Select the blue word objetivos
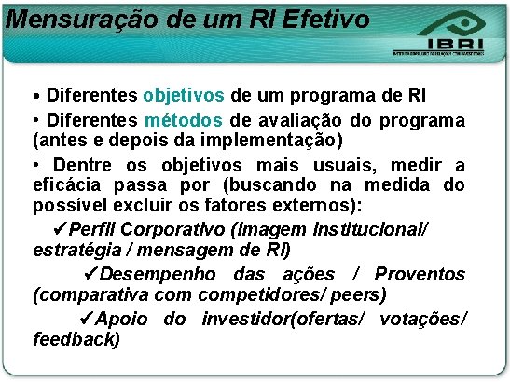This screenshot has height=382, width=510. click(185, 95)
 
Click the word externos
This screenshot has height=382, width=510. click(332, 205)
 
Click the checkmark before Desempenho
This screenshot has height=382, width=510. click(90, 274)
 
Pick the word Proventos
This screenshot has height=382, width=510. click(420, 275)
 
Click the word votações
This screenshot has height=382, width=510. click(420, 320)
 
